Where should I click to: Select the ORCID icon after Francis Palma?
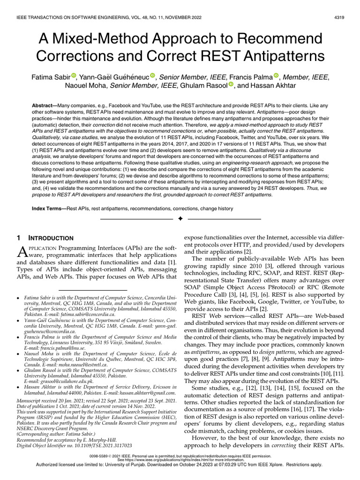coord(276,76)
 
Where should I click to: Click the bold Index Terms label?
coord(49,208)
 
